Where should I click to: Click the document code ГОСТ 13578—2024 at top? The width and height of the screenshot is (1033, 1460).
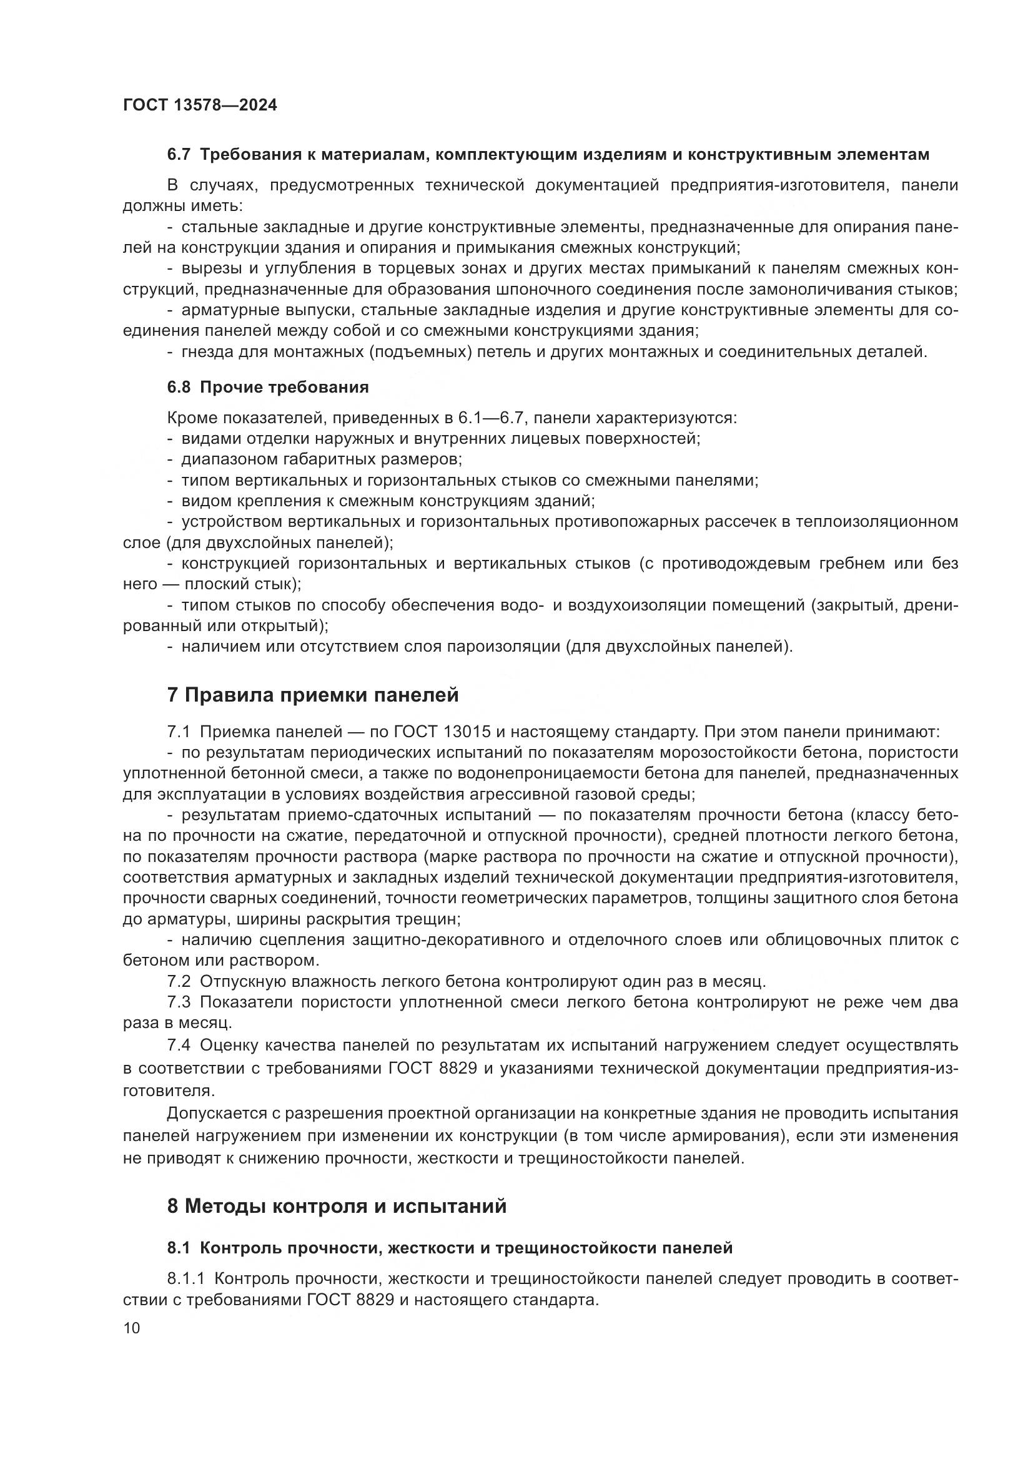coord(200,105)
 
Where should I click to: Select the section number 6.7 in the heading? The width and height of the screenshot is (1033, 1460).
coord(179,155)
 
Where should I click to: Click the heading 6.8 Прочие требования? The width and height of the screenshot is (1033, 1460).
coord(268,387)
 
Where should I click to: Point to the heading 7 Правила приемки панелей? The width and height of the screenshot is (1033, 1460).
coord(312,695)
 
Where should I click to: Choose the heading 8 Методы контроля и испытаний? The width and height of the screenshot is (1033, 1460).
coord(337,1206)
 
